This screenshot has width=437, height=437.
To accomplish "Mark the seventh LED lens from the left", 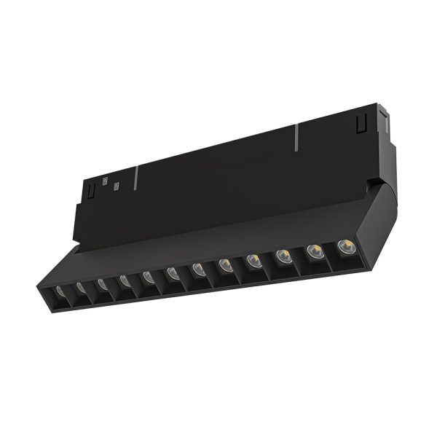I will (x=198, y=268).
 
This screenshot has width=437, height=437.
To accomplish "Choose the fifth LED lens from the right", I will (x=224, y=263).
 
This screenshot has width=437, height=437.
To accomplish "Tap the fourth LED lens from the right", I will (x=253, y=259).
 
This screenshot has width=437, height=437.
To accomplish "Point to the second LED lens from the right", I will (x=313, y=250).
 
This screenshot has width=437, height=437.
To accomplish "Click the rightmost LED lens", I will (x=343, y=245).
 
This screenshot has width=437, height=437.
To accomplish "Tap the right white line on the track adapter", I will (x=296, y=138).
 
